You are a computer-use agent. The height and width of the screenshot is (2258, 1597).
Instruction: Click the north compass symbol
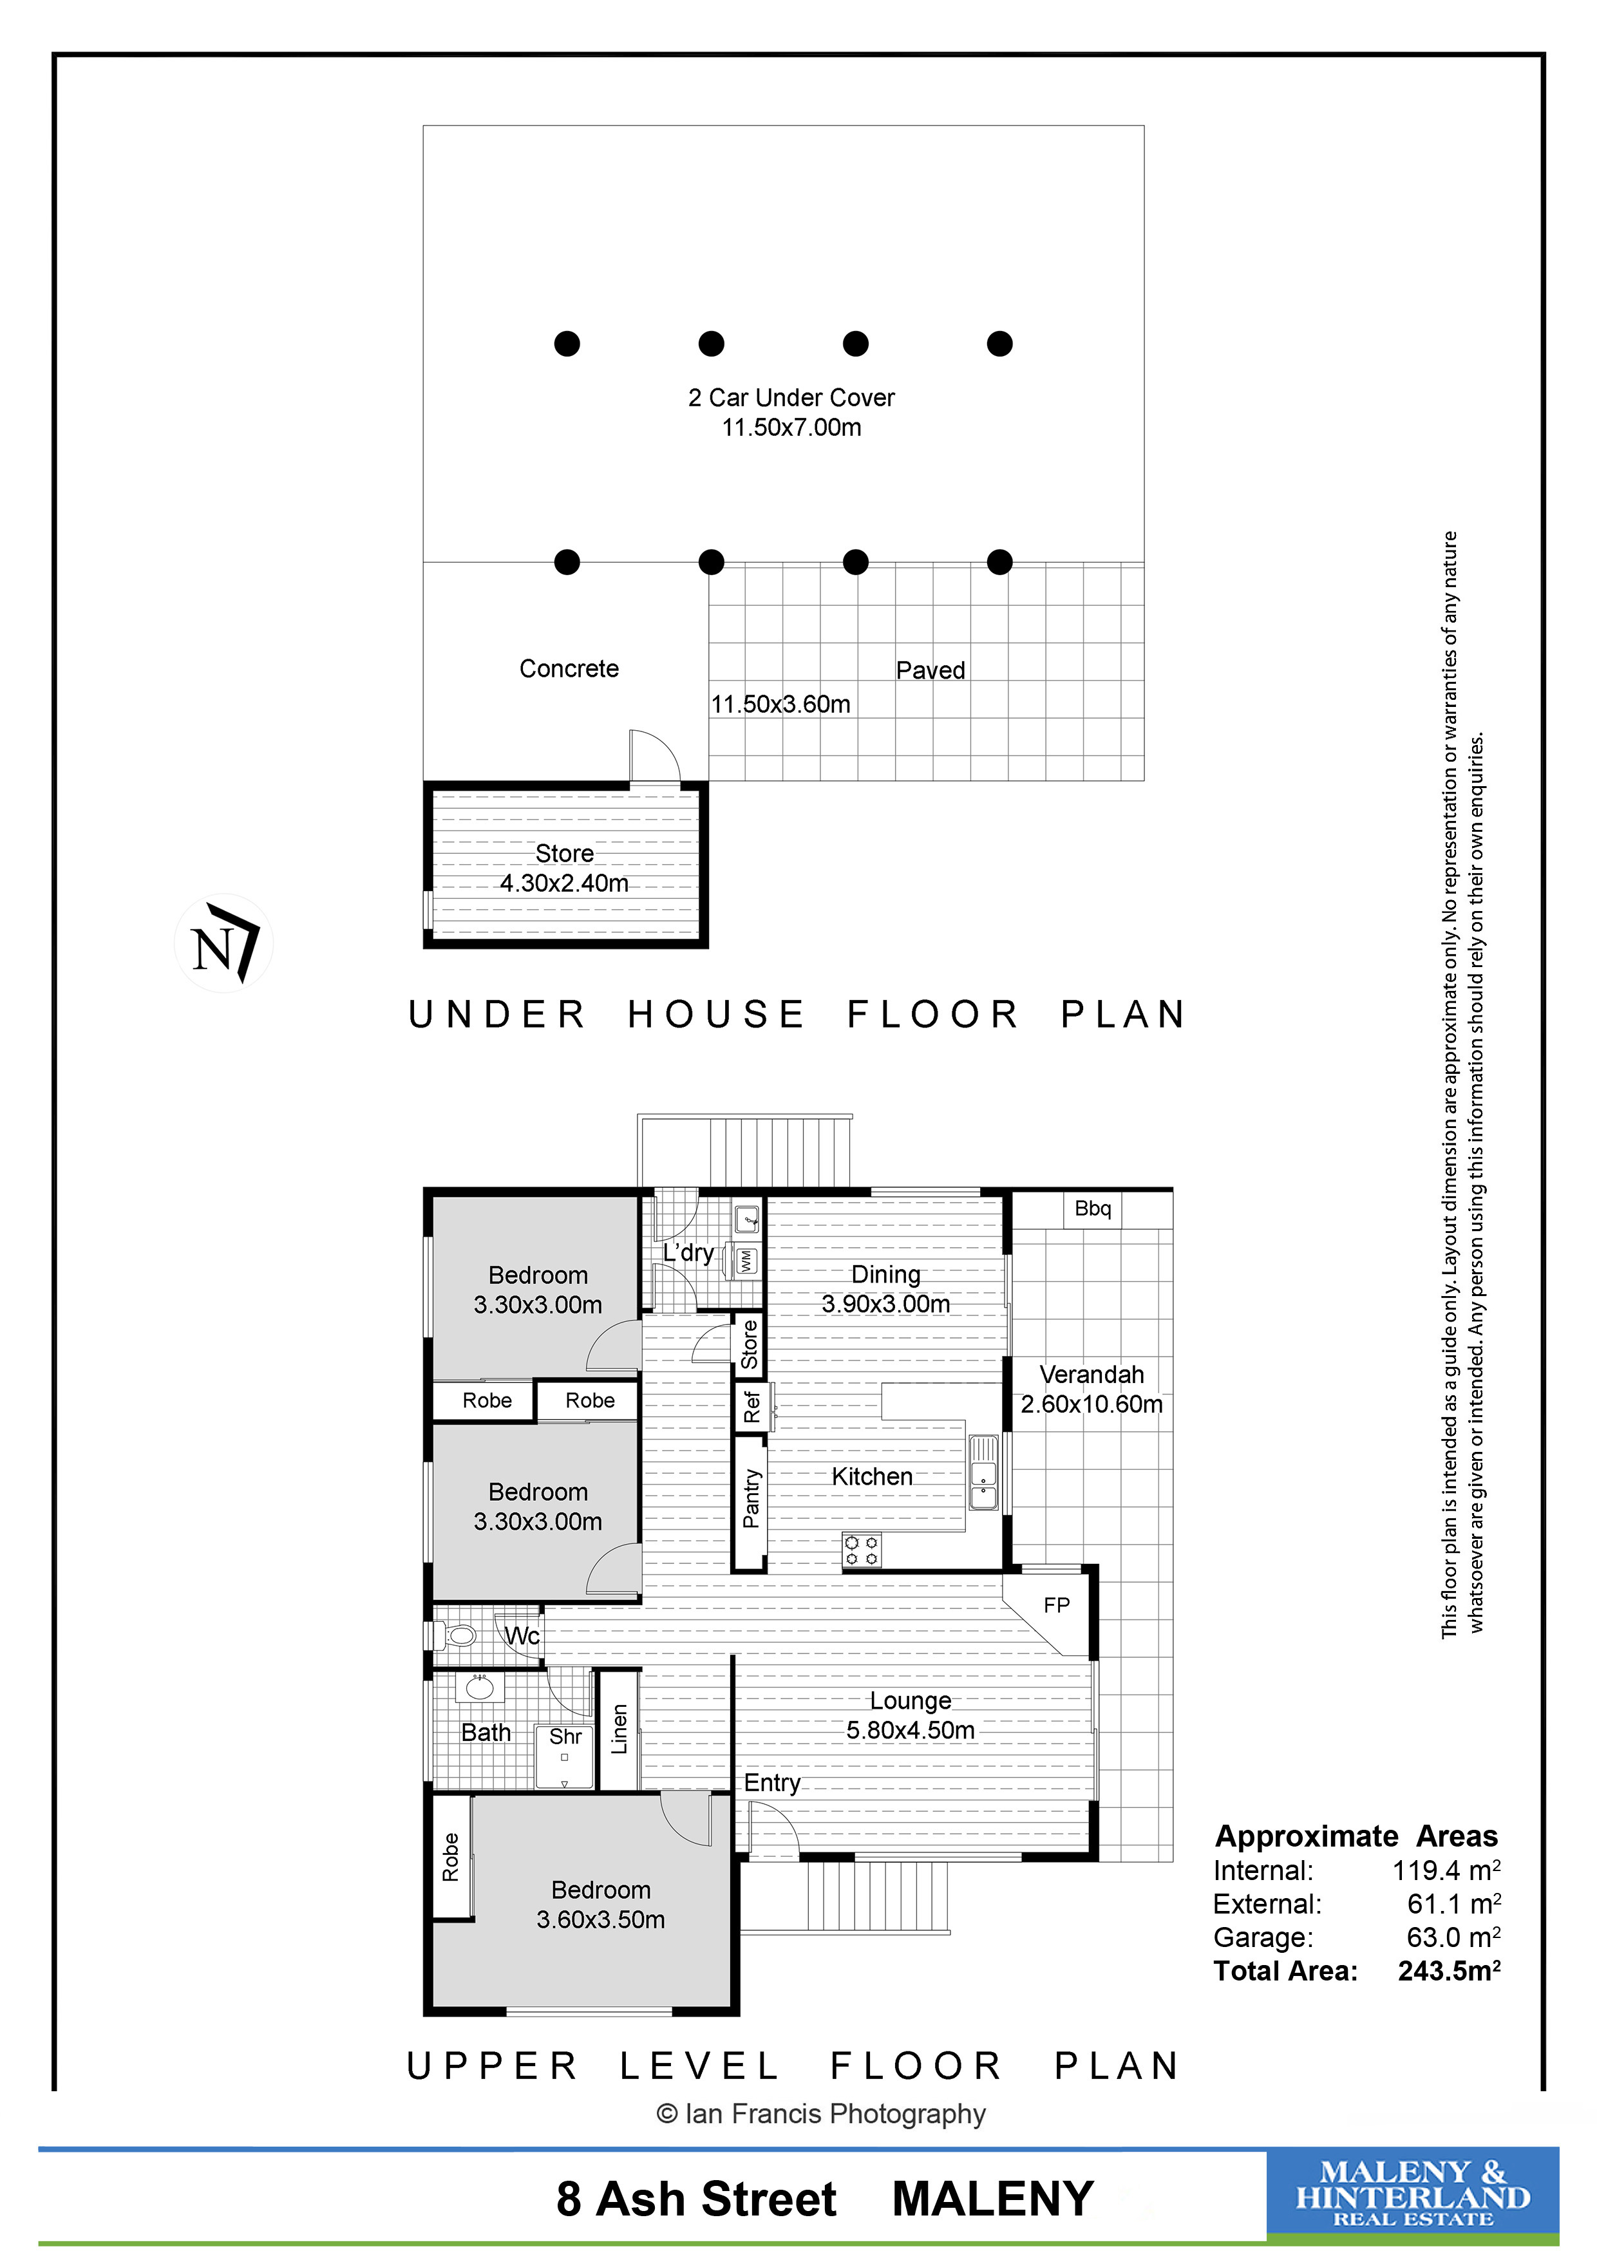coord(224,942)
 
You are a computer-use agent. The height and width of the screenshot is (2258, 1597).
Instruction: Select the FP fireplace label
coord(1056,1605)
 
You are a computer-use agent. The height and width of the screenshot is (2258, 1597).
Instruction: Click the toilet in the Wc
coord(455,1635)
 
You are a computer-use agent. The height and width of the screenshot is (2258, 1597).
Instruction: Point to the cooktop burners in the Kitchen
coord(862,1551)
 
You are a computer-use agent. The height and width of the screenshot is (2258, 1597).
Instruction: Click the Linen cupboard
coord(619,1730)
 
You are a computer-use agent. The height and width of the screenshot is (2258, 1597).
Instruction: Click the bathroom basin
coord(480,1688)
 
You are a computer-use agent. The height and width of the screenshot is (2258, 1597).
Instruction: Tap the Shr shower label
coord(565,1736)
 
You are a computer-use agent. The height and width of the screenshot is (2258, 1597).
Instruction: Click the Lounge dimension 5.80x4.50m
coord(911,1730)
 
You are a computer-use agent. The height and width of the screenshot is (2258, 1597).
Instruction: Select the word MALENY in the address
coord(992,2198)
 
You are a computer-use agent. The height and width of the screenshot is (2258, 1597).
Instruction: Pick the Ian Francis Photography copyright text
coord(821,2113)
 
